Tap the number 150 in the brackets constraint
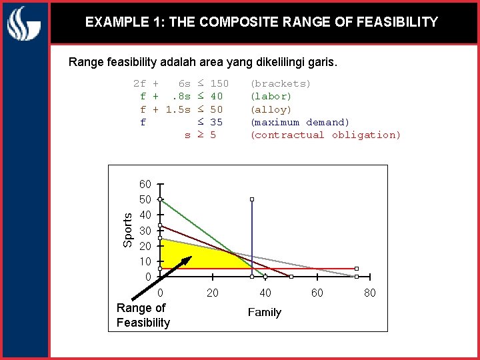pos(219,83)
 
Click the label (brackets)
pos(280,83)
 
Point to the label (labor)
pos(271,96)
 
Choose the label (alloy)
pos(271,109)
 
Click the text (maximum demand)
pos(299,122)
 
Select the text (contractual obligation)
pos(325,135)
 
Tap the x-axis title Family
pos(264,312)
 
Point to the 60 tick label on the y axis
pos(145,184)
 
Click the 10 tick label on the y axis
pos(145,261)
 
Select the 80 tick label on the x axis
pos(370,293)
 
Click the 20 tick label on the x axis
pos(213,293)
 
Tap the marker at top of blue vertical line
pos(252,199)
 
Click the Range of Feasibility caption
pos(143,315)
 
